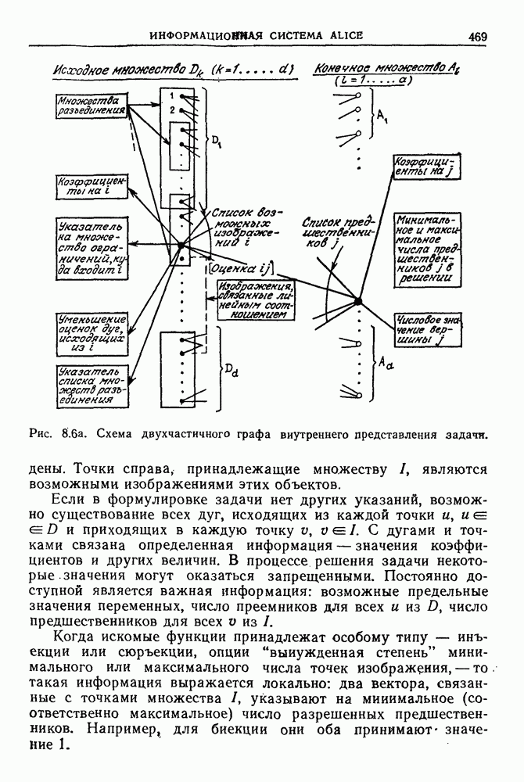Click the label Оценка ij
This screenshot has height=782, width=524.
tap(239, 268)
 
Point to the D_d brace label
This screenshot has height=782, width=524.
tap(233, 373)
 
